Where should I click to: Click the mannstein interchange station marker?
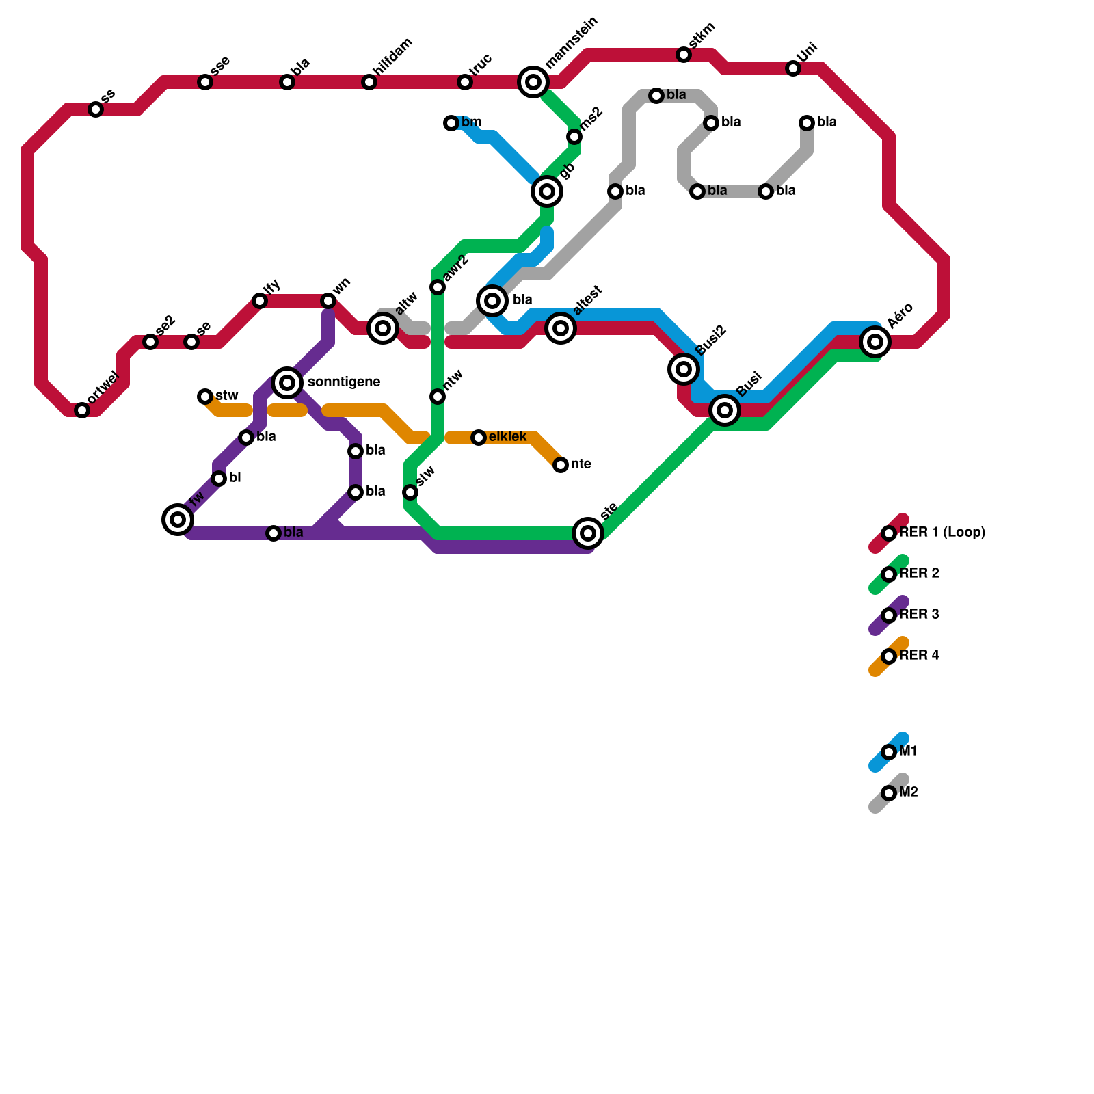(533, 82)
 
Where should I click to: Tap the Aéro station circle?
(875, 341)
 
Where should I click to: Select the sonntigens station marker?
(287, 382)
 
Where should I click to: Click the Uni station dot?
(793, 68)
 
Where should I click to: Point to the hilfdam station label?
(393, 58)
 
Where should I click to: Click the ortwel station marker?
(82, 410)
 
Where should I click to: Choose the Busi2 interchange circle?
(684, 369)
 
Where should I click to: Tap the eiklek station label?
(507, 437)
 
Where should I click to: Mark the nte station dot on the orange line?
(561, 465)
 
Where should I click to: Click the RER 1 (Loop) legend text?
(942, 533)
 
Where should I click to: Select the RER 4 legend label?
(919, 656)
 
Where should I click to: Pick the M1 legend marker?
(889, 752)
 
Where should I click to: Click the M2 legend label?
(908, 792)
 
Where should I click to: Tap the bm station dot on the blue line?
(451, 123)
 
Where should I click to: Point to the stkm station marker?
(684, 55)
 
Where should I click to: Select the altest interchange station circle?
(561, 328)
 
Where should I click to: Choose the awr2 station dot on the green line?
(438, 287)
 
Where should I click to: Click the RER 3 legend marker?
(889, 615)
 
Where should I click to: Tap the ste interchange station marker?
(588, 533)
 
